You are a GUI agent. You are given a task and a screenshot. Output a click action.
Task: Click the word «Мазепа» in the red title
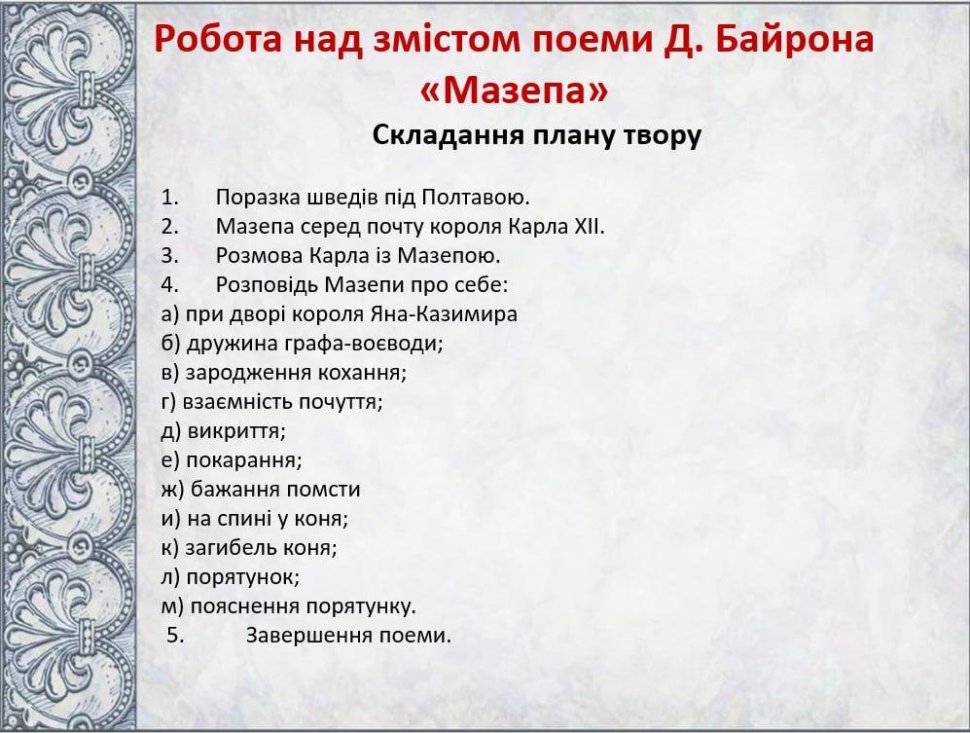click(x=514, y=91)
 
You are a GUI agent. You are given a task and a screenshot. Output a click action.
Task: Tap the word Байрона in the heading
click(x=794, y=38)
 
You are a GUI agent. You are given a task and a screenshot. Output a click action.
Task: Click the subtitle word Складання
click(x=448, y=135)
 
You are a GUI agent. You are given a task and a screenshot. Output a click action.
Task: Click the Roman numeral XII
click(x=589, y=227)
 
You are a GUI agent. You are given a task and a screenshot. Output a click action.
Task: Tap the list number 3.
click(x=169, y=256)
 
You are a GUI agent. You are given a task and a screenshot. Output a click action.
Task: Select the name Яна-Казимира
click(x=444, y=313)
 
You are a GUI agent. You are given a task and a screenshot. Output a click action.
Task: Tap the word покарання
click(x=244, y=460)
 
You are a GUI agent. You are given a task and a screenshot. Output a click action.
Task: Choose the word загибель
click(x=231, y=548)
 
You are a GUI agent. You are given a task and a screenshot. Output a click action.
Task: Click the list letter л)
click(x=170, y=577)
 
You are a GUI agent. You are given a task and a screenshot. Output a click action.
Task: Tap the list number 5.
click(x=175, y=636)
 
